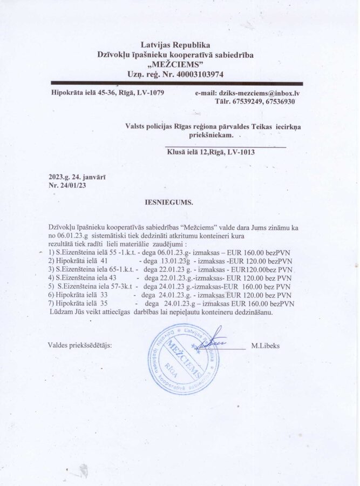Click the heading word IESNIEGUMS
[x=169, y=204]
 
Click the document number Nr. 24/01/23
[x=67, y=185]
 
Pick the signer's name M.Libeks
[x=265, y=346]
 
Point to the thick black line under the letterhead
[x=176, y=84]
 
